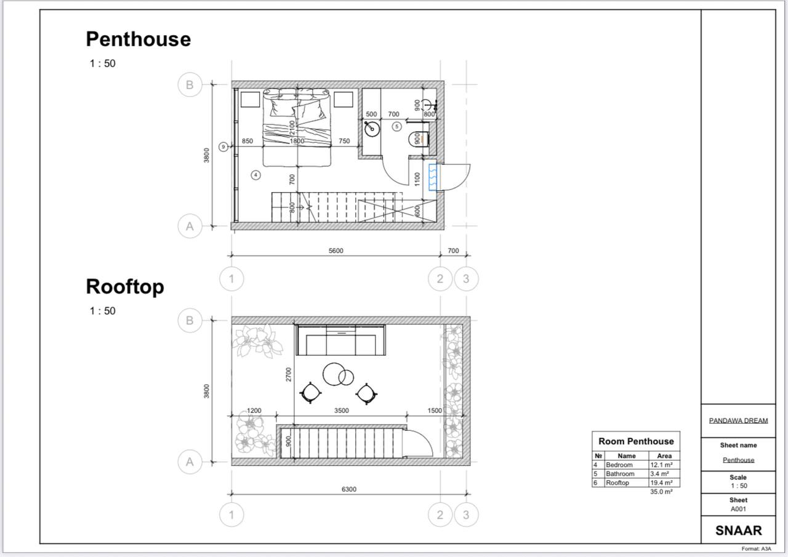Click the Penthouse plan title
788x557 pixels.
pos(139,39)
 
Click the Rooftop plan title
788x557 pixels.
pos(125,287)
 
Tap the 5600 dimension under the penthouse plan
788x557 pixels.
pos(336,250)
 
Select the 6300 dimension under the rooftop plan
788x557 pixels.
pos(349,489)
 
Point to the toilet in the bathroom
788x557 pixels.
pos(419,139)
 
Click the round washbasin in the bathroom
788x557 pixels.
pos(372,129)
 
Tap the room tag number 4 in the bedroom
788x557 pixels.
pos(255,175)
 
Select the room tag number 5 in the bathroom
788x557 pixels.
pos(397,127)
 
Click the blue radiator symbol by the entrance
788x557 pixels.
pos(433,177)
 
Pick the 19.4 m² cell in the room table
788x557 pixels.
pos(661,483)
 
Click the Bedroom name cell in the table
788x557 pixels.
pos(619,465)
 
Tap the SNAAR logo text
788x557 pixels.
pos(738,531)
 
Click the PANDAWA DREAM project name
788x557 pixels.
pos(738,420)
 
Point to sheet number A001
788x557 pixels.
pos(738,509)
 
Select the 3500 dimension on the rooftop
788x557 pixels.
pos(342,411)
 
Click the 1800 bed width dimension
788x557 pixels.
pos(297,141)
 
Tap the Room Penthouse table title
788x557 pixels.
pos(636,441)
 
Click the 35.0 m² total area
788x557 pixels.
pos(661,492)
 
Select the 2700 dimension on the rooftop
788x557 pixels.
pos(289,374)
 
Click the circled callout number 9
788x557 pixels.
pos(223,146)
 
